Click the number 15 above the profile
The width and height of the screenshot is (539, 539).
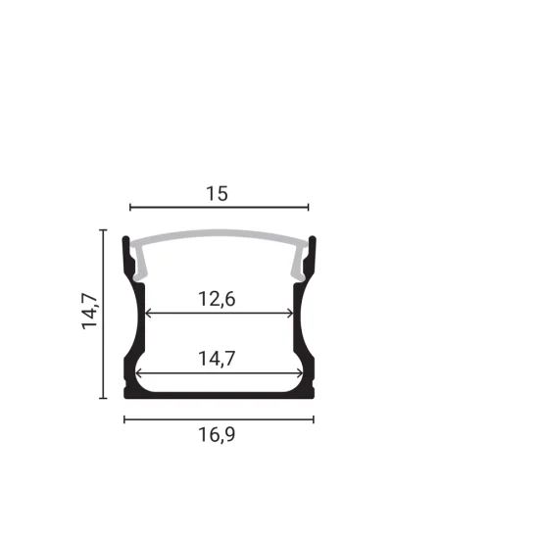218,193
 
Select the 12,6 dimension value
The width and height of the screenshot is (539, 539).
218,299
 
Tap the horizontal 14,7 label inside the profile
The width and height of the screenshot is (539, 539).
218,359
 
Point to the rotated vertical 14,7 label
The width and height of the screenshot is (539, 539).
91,311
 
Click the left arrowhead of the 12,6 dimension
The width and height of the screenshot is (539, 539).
147,314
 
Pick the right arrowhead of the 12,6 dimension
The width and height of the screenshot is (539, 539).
291,314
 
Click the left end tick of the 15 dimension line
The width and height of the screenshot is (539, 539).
130,208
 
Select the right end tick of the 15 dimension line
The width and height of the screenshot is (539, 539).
308,208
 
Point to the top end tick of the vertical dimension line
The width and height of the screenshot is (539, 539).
103,229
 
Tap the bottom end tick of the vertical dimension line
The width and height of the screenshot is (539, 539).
103,398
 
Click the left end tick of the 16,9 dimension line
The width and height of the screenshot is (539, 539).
124,419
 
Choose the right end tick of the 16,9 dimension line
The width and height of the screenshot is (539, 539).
314,419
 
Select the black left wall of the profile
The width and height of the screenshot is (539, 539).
131,333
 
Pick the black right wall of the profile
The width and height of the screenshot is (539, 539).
307,333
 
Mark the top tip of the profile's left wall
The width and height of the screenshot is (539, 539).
125,239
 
